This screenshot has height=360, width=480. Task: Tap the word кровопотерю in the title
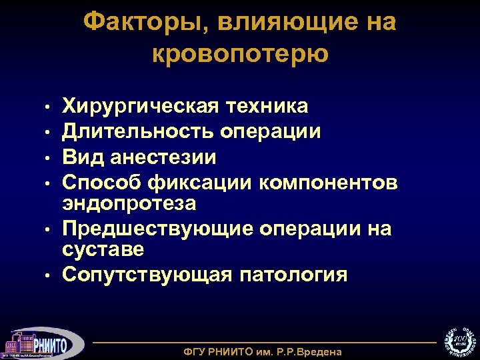click(240, 53)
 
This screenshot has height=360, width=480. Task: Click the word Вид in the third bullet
click(81, 157)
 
